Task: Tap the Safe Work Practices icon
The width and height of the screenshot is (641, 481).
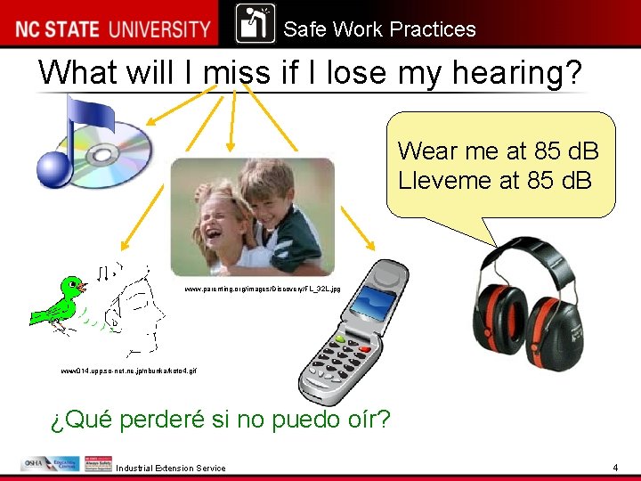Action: [256, 24]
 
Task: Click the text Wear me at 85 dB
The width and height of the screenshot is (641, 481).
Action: [498, 151]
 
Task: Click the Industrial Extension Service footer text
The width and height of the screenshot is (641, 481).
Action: [170, 469]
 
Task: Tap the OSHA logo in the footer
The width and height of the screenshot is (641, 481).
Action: [36, 464]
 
